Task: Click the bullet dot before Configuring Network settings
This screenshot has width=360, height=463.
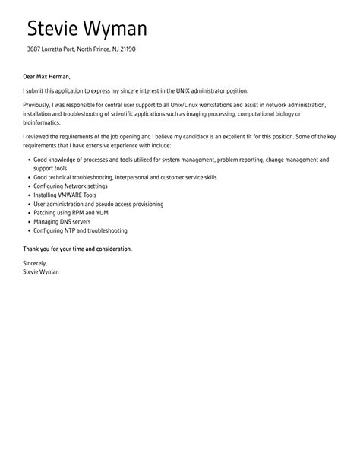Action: coord(28,186)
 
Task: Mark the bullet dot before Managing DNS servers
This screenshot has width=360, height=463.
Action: coord(28,221)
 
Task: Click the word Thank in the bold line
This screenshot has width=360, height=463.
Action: coord(33,249)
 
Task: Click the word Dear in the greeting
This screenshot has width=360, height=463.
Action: coord(30,76)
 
